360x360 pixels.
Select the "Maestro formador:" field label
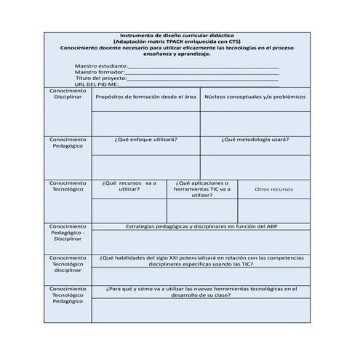click(x=100, y=72)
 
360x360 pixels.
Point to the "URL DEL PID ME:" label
click(x=99, y=84)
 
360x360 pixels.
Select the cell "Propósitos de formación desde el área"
click(x=146, y=97)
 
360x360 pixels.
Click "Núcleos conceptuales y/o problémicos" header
click(x=254, y=97)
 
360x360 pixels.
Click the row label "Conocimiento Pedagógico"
click(x=67, y=142)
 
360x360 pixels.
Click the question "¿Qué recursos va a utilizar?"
click(x=129, y=186)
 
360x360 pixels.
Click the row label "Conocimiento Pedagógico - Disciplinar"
click(x=67, y=232)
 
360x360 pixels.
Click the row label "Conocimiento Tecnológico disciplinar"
click(x=67, y=264)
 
